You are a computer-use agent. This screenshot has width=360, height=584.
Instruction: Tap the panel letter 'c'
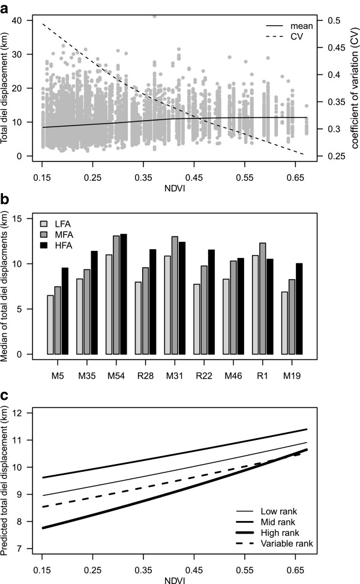pyautogui.click(x=5, y=397)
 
